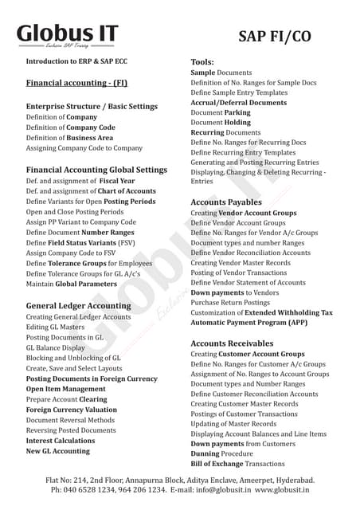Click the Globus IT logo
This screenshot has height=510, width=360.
(x=68, y=35)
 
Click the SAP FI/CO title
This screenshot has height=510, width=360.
(x=274, y=36)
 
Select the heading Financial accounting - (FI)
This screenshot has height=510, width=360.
(x=76, y=82)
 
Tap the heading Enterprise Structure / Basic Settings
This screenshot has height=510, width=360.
(x=92, y=105)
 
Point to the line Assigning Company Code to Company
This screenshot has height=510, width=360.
(x=84, y=148)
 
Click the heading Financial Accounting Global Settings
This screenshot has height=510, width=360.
(x=96, y=170)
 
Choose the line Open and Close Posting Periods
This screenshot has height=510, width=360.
(x=75, y=212)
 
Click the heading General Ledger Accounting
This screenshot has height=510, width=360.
(x=78, y=305)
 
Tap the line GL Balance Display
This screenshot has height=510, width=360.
(x=56, y=348)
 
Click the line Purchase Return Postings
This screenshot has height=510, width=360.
(x=230, y=303)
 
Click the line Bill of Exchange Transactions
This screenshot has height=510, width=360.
(x=237, y=464)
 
